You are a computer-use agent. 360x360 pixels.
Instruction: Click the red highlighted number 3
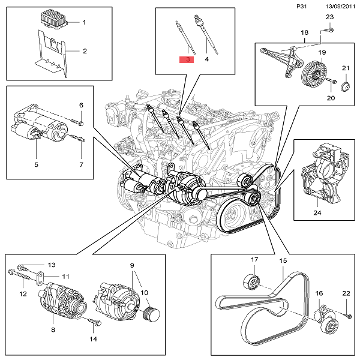(x=187, y=59)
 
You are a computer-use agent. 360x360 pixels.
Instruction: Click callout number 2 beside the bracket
(x=85, y=51)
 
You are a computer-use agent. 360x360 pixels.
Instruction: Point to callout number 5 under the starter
(x=36, y=164)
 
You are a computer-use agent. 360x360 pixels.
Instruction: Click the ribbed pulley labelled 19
(x=311, y=74)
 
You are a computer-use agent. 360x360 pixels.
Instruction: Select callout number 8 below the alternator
(x=53, y=329)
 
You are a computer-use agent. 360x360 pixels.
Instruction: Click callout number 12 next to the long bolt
(x=24, y=294)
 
